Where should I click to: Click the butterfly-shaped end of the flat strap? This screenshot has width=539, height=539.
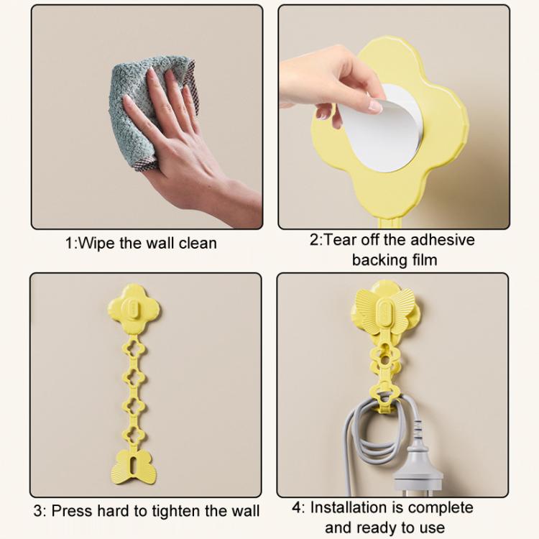[134, 467]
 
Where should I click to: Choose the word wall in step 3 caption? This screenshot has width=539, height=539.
[246, 511]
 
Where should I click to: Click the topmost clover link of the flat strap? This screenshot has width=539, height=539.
[134, 349]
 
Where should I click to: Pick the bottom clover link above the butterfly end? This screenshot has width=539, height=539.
[134, 436]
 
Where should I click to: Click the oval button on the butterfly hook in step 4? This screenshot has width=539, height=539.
[384, 312]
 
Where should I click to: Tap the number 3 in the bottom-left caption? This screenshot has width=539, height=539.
[38, 511]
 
